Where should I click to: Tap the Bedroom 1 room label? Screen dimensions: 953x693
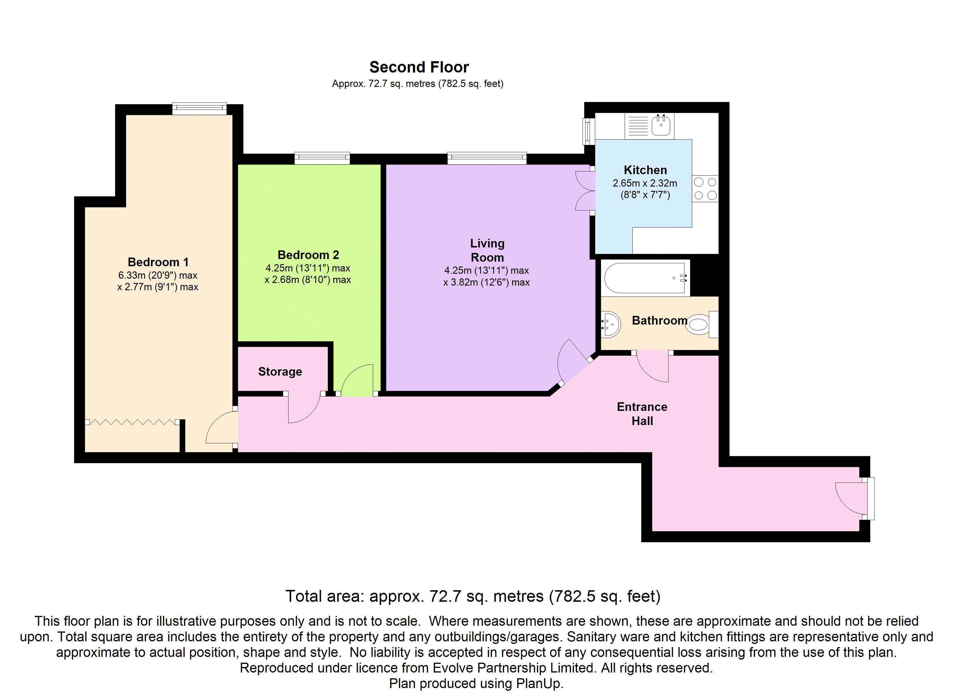[158, 262]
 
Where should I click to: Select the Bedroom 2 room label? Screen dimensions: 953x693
[308, 255]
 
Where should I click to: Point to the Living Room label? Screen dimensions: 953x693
[487, 250]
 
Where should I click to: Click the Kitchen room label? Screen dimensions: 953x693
[645, 170]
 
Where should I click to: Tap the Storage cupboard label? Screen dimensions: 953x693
[280, 372]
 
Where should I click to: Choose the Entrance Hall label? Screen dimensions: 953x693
[642, 413]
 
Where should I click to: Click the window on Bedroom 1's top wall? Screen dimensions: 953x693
[199, 109]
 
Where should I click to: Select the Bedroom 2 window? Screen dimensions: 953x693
[322, 158]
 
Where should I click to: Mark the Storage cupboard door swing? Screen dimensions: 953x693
[304, 408]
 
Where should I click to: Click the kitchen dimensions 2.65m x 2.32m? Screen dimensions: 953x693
[645, 183]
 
